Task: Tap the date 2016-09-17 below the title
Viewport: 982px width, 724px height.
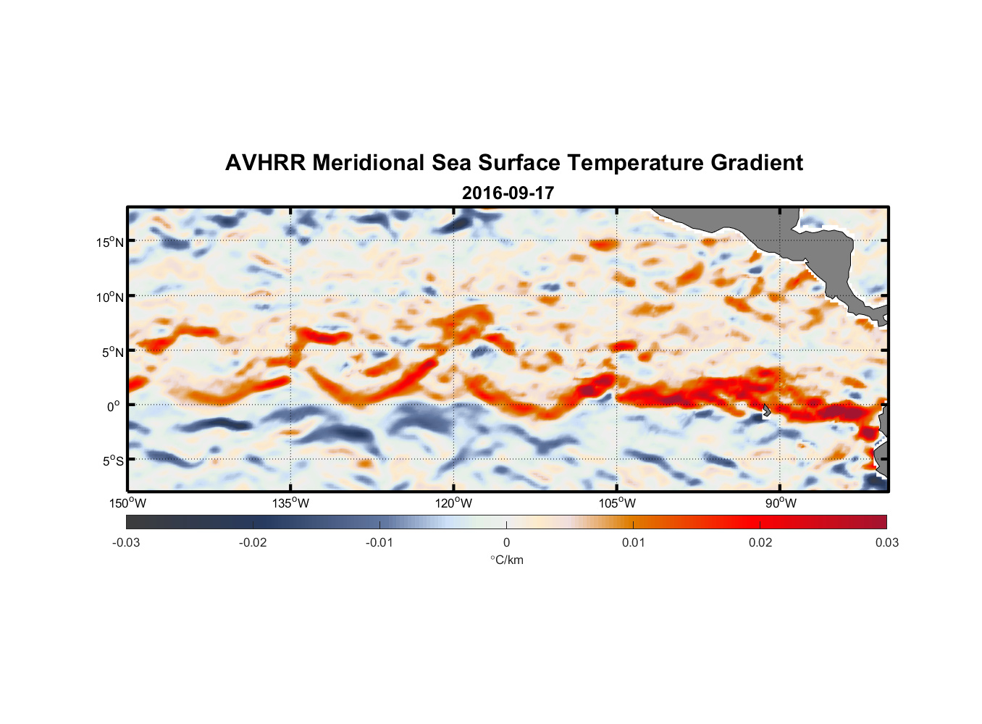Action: (508, 193)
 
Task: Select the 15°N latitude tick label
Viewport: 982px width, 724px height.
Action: (110, 242)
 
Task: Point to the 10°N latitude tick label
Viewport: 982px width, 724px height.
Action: (110, 297)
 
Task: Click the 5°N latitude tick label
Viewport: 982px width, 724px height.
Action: (112, 352)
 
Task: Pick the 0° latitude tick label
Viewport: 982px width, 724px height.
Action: (114, 406)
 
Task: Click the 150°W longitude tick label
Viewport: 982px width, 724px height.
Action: (127, 503)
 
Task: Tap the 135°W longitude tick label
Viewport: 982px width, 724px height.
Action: (290, 503)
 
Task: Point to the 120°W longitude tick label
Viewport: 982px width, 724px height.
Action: (454, 503)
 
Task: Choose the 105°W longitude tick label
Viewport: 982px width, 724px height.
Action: (617, 503)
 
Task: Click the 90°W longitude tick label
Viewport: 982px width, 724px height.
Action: (781, 503)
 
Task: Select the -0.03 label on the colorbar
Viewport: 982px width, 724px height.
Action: (126, 543)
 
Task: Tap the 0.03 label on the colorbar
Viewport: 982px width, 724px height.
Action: (886, 543)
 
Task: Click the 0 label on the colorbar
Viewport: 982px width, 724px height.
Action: (506, 543)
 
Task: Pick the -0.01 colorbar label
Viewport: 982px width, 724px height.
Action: (379, 543)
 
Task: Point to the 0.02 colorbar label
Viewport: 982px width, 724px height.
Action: (760, 543)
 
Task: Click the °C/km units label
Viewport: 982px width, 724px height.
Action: (506, 560)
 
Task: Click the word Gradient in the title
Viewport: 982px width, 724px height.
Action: (757, 163)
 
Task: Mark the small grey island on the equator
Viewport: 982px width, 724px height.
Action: (766, 411)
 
